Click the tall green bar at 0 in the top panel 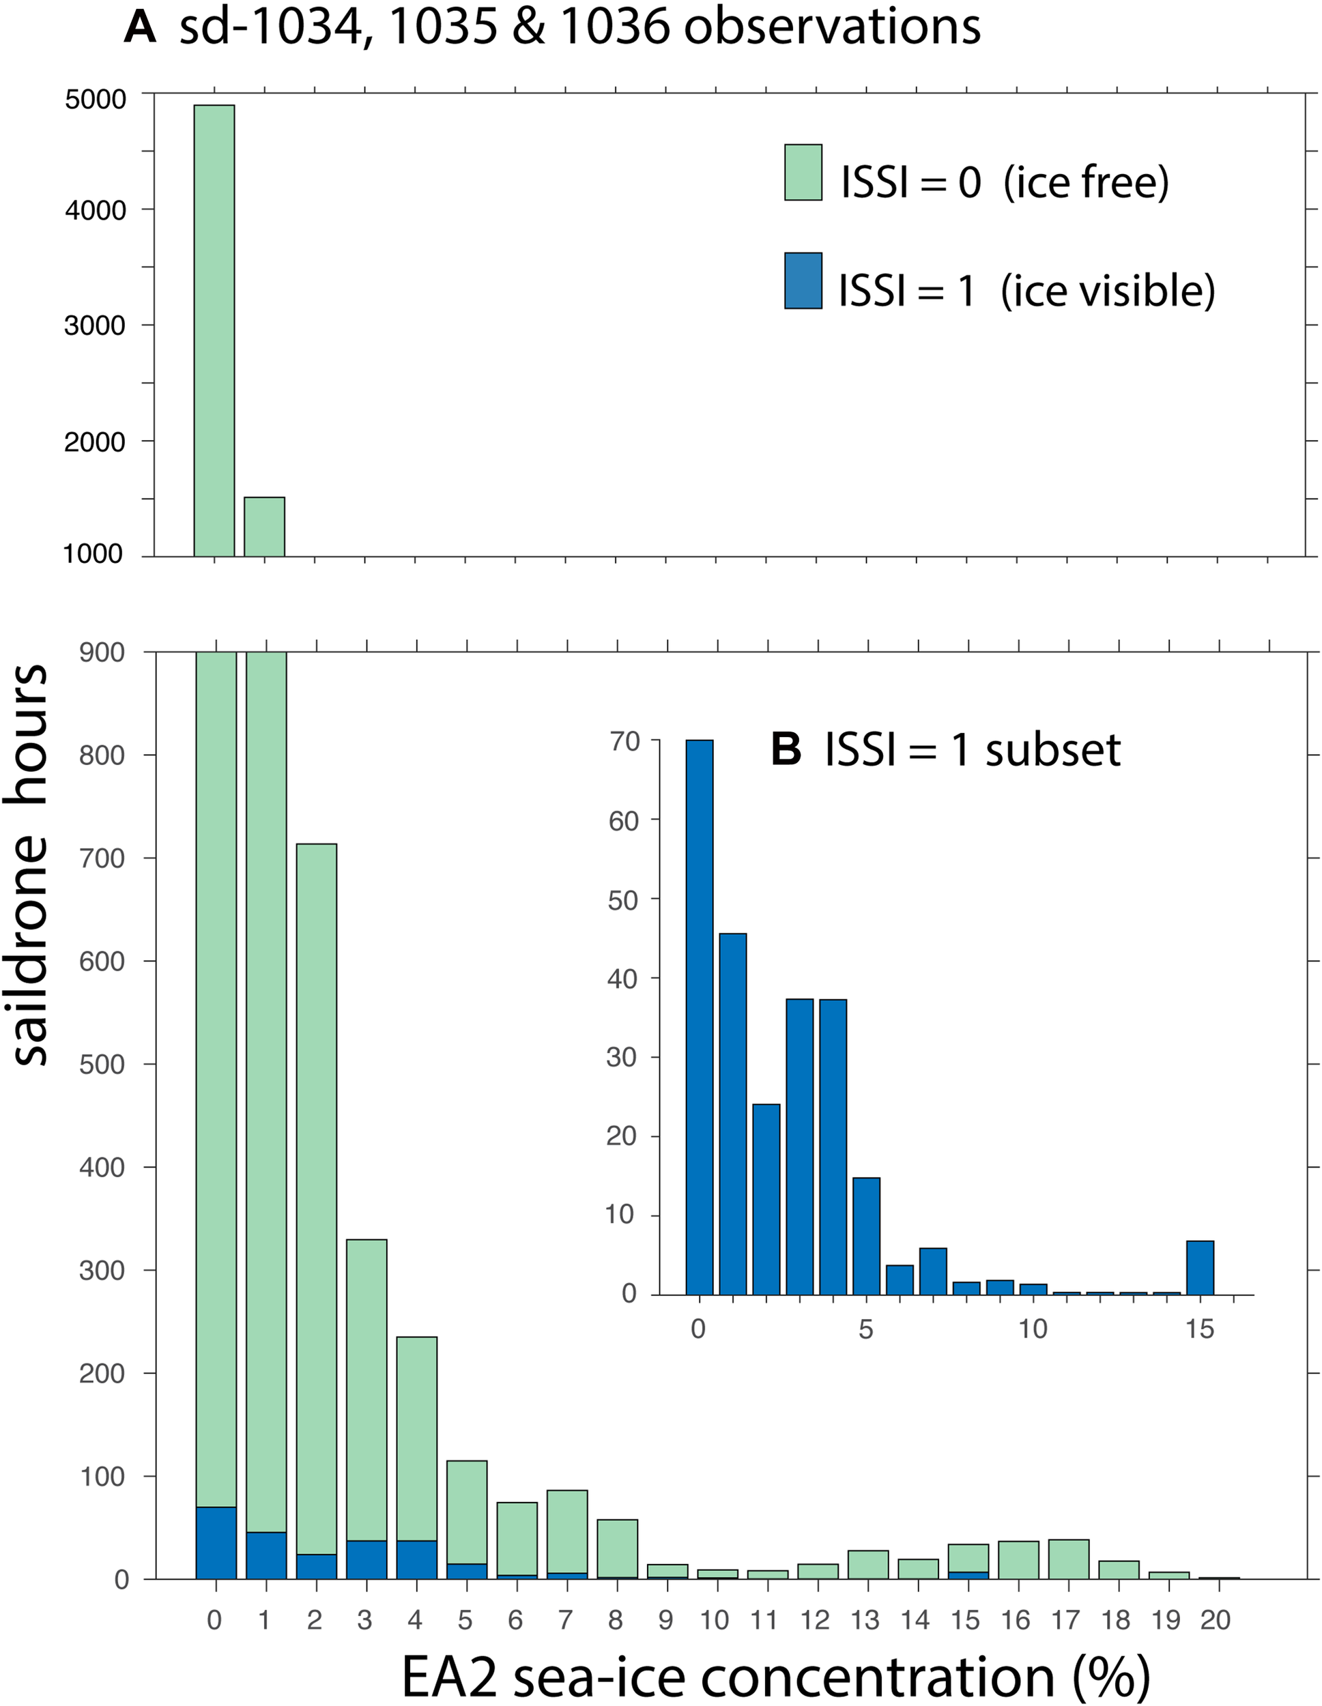click(x=214, y=328)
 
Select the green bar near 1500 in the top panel click(x=264, y=527)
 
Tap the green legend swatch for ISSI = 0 click(x=803, y=173)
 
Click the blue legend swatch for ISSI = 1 click(x=803, y=280)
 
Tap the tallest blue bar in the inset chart click(x=700, y=1015)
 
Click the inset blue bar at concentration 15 click(x=1199, y=1267)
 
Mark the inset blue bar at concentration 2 click(x=766, y=1199)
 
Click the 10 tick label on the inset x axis click(x=1032, y=1329)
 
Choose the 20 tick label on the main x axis click(x=1216, y=1621)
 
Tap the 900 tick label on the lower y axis click(x=102, y=652)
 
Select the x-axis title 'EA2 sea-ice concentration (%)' click(x=775, y=1675)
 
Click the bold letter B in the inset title click(x=786, y=749)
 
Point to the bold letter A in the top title click(x=141, y=28)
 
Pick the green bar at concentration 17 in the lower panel click(x=1067, y=1559)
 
